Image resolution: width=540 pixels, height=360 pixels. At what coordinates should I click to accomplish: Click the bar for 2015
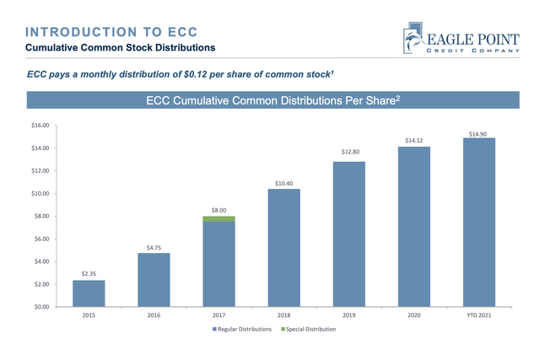(89, 293)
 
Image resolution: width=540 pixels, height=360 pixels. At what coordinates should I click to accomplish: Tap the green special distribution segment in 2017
(219, 219)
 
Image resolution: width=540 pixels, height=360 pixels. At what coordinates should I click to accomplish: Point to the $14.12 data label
(413, 140)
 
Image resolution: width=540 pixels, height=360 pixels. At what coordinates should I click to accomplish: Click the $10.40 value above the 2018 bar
(283, 182)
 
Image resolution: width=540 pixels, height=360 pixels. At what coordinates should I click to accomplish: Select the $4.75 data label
(154, 247)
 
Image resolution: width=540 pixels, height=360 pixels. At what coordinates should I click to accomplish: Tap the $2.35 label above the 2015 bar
(89, 274)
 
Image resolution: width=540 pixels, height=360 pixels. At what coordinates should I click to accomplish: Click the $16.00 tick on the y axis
(40, 126)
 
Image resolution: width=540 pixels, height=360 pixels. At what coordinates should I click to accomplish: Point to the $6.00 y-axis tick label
(40, 239)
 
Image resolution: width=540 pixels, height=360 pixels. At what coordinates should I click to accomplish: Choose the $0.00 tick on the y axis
(40, 307)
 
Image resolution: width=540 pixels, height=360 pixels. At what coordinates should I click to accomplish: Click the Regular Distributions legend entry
(243, 329)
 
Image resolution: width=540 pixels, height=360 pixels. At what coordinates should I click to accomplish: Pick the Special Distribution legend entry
(308, 329)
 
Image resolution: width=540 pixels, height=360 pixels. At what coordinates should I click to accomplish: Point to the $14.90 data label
(478, 132)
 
